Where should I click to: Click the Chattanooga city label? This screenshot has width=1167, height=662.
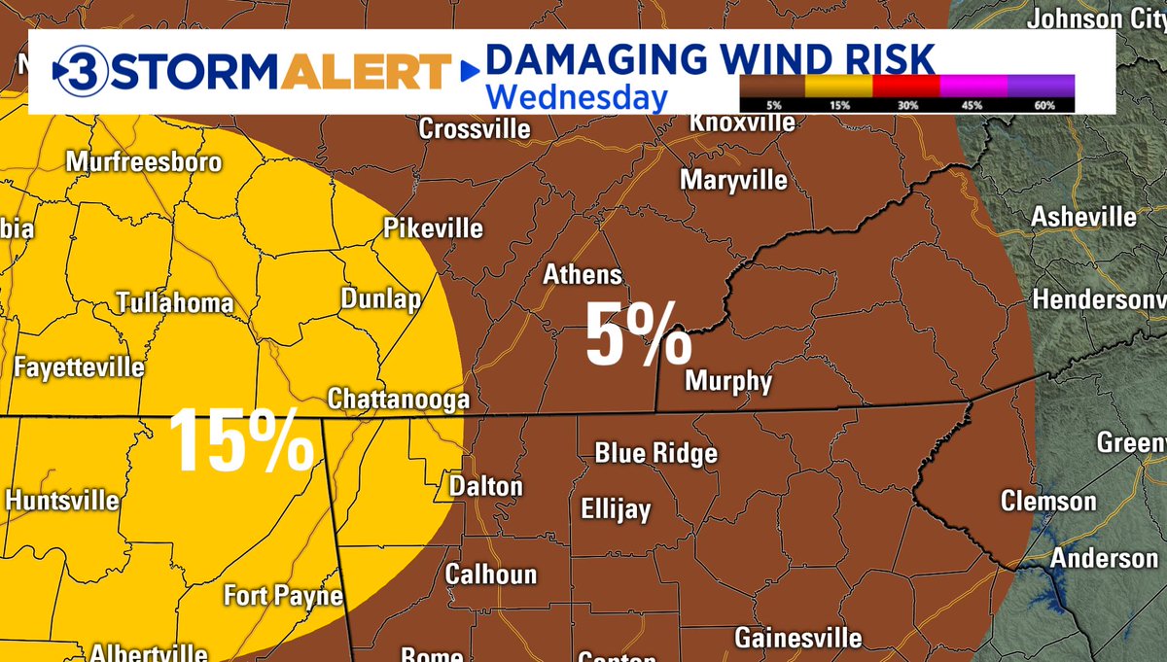(399, 400)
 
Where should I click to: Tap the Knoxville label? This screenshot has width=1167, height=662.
(742, 122)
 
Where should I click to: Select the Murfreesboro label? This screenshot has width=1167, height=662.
(144, 162)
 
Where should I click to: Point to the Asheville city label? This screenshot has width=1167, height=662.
(1083, 216)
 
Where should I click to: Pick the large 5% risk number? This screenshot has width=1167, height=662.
(637, 335)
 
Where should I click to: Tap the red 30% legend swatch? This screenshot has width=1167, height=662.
(906, 85)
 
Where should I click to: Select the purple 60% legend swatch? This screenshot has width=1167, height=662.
(1041, 85)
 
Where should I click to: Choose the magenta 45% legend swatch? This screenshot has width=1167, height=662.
(973, 85)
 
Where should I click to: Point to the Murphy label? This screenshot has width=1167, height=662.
(728, 381)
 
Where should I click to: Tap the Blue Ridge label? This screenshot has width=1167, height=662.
(656, 453)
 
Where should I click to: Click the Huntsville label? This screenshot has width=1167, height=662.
(62, 501)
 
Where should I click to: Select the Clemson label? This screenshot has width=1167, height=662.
(1049, 502)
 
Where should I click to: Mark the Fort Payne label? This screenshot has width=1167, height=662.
(283, 595)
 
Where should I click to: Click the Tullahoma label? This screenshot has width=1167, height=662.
(175, 302)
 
